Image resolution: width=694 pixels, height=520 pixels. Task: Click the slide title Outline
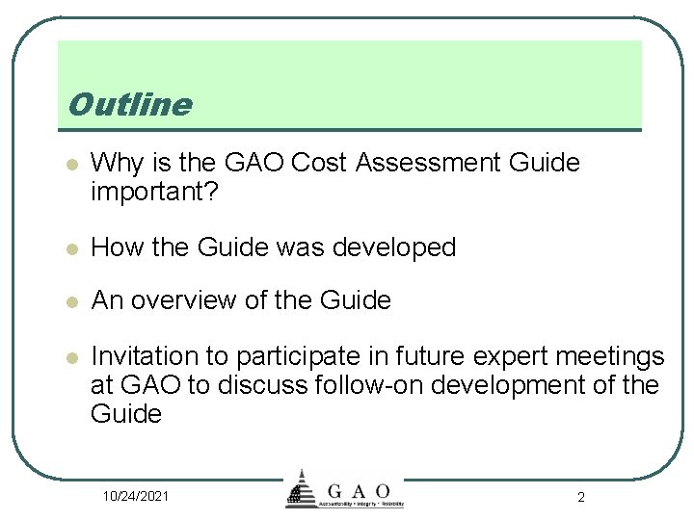(x=130, y=104)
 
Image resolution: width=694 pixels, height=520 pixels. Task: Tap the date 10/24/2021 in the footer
(x=137, y=496)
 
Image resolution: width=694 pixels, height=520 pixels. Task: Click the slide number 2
(x=580, y=497)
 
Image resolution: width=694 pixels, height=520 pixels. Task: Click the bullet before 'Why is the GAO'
(x=68, y=165)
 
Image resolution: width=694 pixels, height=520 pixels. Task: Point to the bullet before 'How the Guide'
(x=68, y=248)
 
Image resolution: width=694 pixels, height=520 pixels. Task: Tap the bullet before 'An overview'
(x=68, y=302)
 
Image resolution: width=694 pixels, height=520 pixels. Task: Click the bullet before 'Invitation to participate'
(x=68, y=358)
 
